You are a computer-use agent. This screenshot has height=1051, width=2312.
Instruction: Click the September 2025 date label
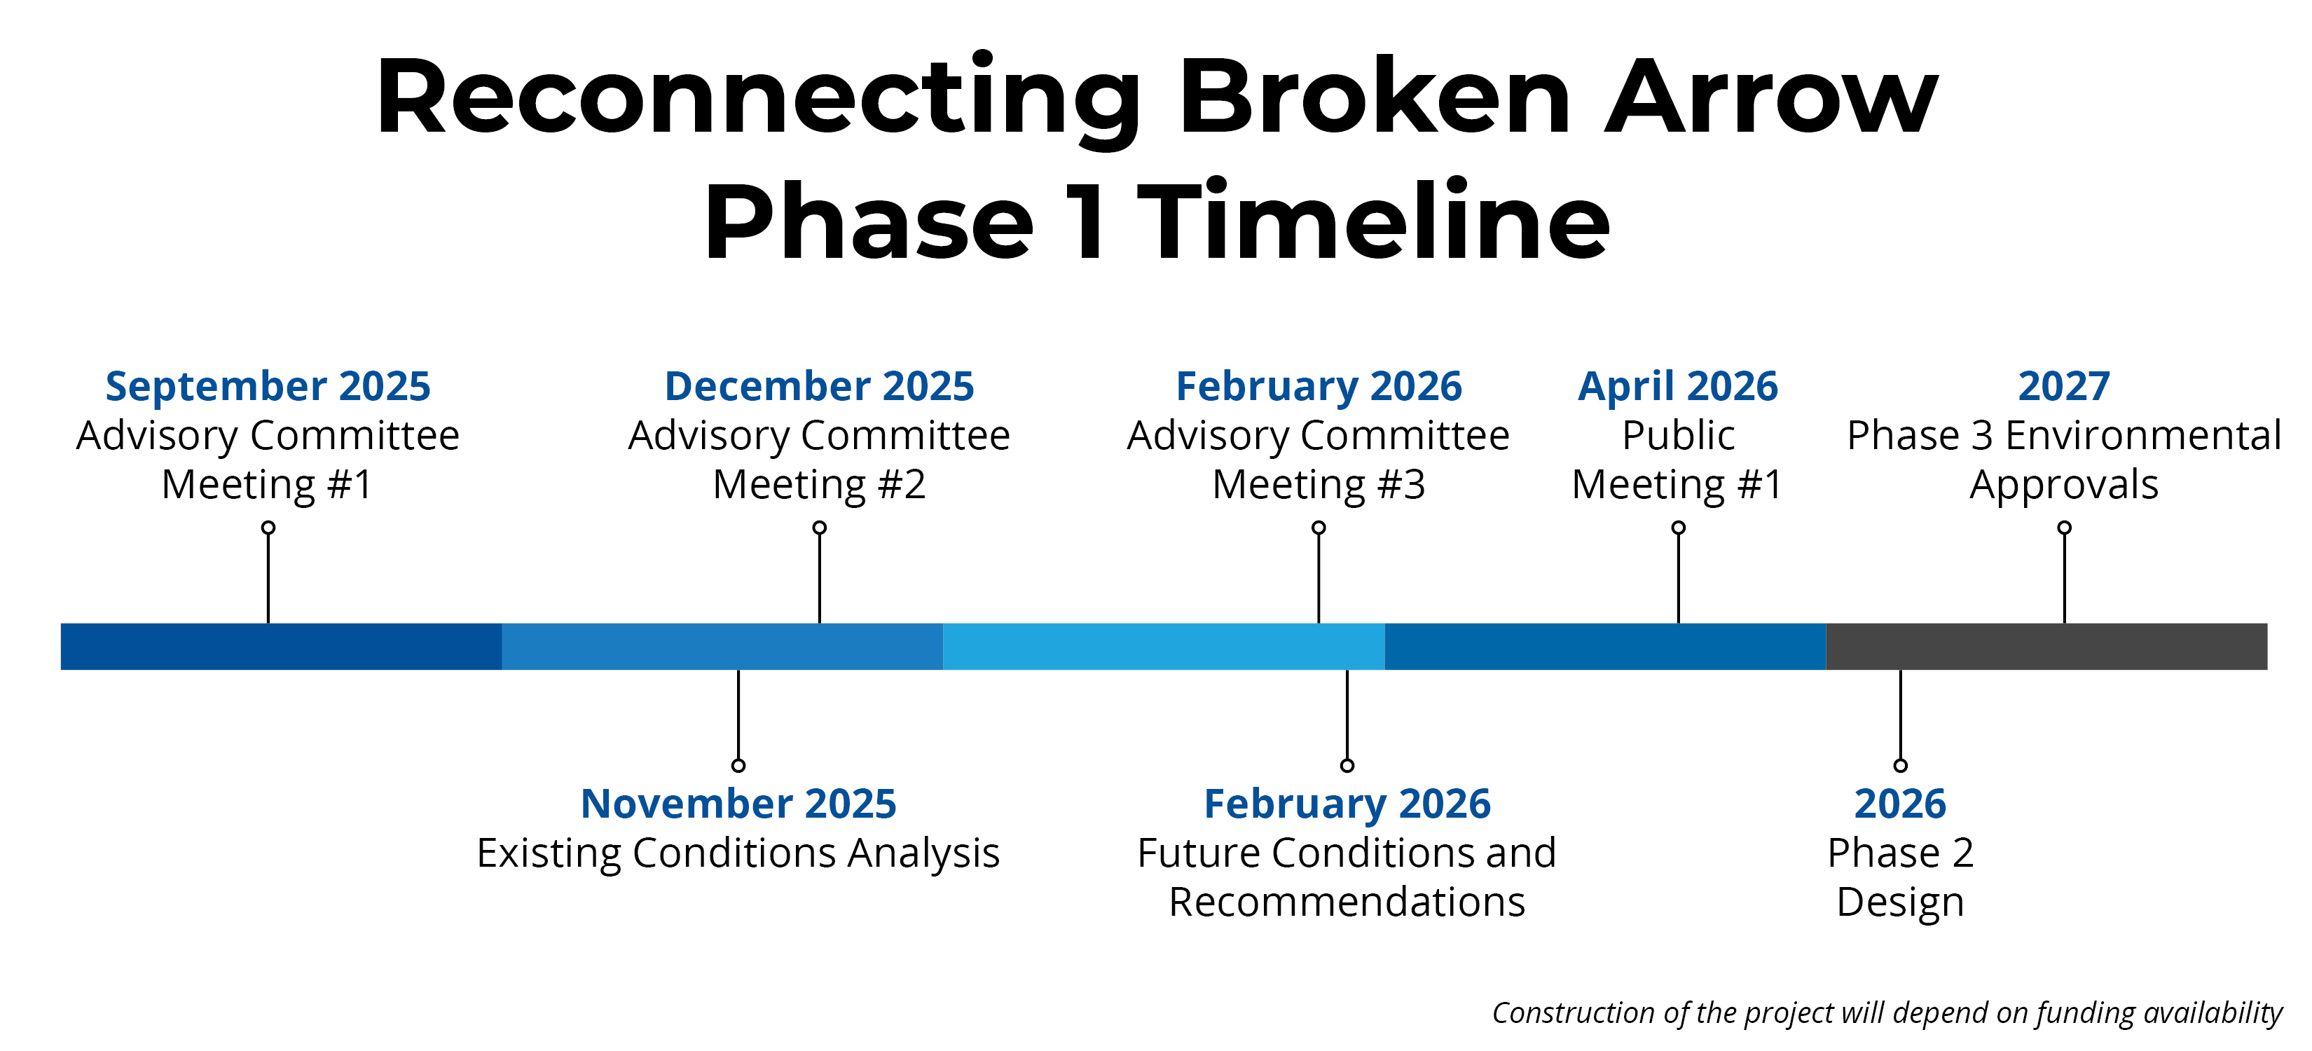click(268, 387)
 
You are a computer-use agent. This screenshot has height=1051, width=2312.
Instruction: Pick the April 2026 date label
click(1677, 387)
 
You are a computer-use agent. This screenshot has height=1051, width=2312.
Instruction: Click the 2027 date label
click(2064, 387)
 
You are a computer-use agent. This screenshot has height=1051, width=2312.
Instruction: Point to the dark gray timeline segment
click(2046, 646)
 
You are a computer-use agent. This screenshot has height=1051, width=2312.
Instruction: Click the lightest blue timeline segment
click(1164, 646)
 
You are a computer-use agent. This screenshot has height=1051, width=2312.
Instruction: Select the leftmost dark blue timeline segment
click(281, 646)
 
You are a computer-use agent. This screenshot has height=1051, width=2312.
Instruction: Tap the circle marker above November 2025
click(738, 766)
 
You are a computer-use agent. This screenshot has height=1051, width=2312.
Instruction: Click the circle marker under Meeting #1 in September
click(268, 528)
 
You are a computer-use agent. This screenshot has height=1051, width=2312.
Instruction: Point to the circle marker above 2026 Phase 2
click(1900, 766)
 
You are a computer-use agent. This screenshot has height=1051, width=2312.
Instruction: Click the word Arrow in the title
click(1771, 96)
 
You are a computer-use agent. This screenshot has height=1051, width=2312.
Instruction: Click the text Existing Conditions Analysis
click(738, 853)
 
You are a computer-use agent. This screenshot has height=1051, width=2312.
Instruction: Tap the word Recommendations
click(1347, 902)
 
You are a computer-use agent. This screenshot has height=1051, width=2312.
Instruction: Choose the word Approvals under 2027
click(2064, 486)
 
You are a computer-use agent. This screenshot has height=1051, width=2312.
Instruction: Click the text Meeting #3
click(1319, 485)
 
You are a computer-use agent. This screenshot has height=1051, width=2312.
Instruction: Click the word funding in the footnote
click(2086, 1013)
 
